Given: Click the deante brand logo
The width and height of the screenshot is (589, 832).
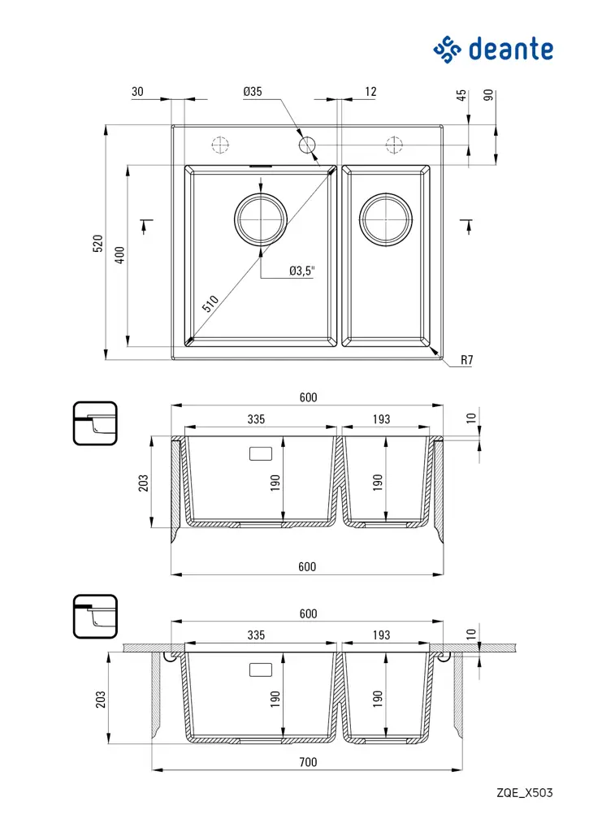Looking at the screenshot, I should pyautogui.click(x=493, y=49).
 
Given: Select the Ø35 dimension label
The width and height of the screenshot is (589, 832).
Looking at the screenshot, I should pyautogui.click(x=252, y=93).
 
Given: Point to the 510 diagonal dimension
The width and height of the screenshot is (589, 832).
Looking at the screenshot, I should pyautogui.click(x=210, y=305).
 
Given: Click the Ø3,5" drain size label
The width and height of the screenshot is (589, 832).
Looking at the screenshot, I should pyautogui.click(x=301, y=271).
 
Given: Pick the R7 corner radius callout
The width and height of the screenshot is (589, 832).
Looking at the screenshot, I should pyautogui.click(x=466, y=359).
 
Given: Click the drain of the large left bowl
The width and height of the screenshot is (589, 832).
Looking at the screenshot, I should pyautogui.click(x=261, y=219).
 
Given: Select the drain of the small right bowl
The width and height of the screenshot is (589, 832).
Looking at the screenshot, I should pyautogui.click(x=386, y=219).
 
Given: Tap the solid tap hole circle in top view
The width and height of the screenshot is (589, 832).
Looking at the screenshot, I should pyautogui.click(x=306, y=145).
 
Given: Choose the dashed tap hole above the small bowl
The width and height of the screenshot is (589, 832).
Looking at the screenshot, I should pyautogui.click(x=394, y=145).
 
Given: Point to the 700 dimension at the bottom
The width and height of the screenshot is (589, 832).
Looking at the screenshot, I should pyautogui.click(x=307, y=763).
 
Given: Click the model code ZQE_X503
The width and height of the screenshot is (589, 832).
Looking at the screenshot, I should pyautogui.click(x=525, y=792).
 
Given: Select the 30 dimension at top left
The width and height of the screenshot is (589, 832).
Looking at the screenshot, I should pyautogui.click(x=137, y=93).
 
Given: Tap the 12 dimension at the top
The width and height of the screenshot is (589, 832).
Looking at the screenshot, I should pyautogui.click(x=370, y=93).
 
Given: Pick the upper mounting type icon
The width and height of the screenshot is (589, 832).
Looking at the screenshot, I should pyautogui.click(x=95, y=423).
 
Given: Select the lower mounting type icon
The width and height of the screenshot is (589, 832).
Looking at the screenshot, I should pyautogui.click(x=95, y=617).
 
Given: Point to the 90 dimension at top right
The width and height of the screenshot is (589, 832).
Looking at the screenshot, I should pyautogui.click(x=488, y=94).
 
